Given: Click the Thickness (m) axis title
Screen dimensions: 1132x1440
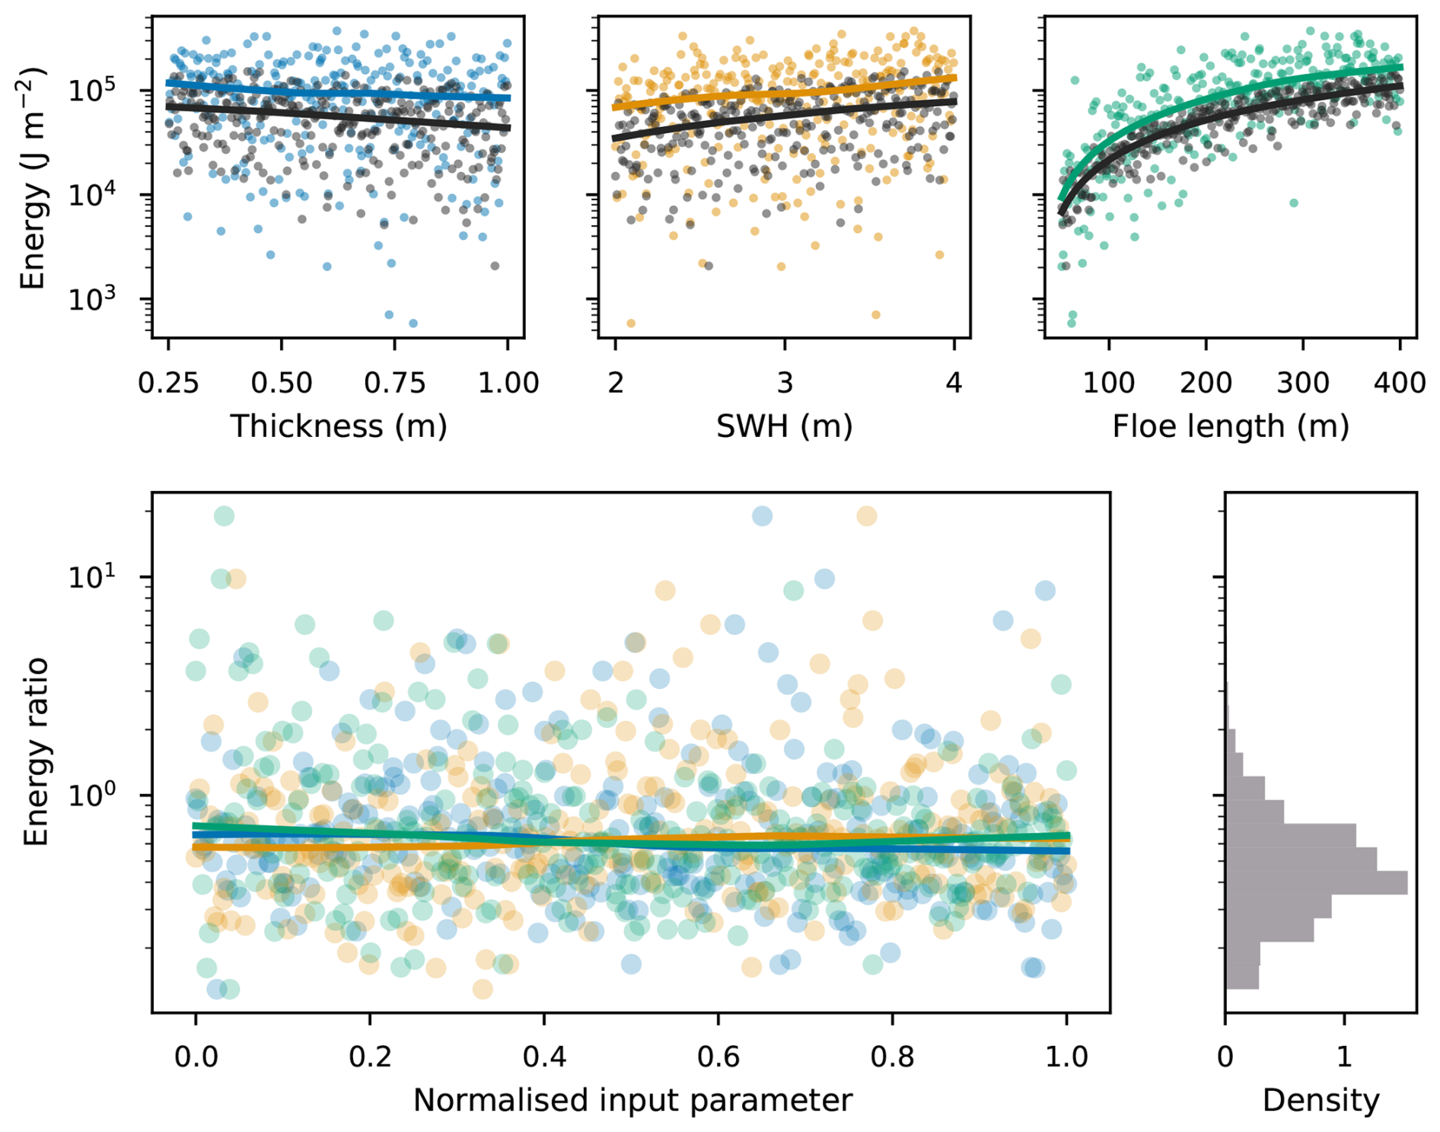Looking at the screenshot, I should pyautogui.click(x=338, y=426).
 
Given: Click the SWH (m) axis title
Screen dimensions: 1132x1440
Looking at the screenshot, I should pyautogui.click(x=784, y=426).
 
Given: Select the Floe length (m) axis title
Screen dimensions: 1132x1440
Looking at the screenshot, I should pyautogui.click(x=1230, y=426).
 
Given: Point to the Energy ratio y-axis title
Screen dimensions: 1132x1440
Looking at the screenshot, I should pyautogui.click(x=35, y=752).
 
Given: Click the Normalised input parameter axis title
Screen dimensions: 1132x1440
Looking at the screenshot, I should pyautogui.click(x=632, y=1101).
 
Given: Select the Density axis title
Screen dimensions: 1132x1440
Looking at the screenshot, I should pyautogui.click(x=1321, y=1101).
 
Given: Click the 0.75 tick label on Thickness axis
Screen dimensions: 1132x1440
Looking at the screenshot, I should pyautogui.click(x=394, y=382).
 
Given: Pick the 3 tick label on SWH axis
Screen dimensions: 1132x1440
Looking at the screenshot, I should pyautogui.click(x=785, y=382).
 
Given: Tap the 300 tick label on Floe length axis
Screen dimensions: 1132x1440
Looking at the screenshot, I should pyautogui.click(x=1303, y=382).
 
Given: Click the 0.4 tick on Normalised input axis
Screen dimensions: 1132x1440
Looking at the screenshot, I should pyautogui.click(x=544, y=1057).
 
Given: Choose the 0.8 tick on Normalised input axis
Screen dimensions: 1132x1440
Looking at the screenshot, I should pyautogui.click(x=892, y=1057).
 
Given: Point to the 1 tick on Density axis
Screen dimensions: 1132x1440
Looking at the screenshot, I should pyautogui.click(x=1344, y=1057).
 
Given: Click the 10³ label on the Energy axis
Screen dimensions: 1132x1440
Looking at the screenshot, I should pyautogui.click(x=91, y=298).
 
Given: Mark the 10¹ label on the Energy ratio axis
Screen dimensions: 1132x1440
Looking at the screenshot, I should pyautogui.click(x=91, y=577).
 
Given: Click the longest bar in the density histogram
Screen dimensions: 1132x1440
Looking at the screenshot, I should pyautogui.click(x=1316, y=882).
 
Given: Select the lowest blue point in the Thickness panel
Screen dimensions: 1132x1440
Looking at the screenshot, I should pyautogui.click(x=413, y=324).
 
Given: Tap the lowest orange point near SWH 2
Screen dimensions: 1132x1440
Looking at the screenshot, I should pyautogui.click(x=631, y=324).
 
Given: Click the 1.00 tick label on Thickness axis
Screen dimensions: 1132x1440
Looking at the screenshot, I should pyautogui.click(x=508, y=382).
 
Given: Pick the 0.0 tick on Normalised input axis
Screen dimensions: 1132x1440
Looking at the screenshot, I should pyautogui.click(x=196, y=1057).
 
